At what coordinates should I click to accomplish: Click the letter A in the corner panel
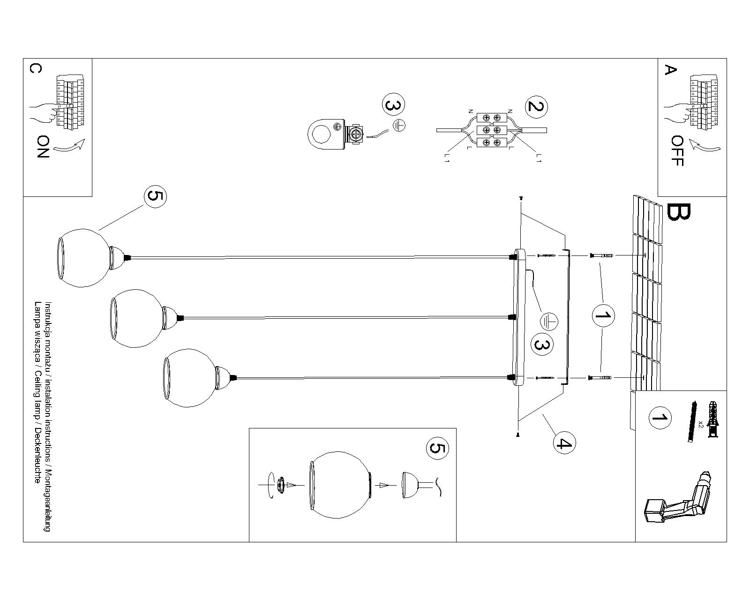click(x=671, y=70)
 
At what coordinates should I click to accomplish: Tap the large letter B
click(x=678, y=212)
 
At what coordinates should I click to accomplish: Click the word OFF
click(x=677, y=150)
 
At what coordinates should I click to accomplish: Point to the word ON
click(x=43, y=147)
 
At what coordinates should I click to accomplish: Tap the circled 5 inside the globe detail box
click(x=437, y=449)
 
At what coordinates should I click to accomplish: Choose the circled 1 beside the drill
click(x=660, y=418)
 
